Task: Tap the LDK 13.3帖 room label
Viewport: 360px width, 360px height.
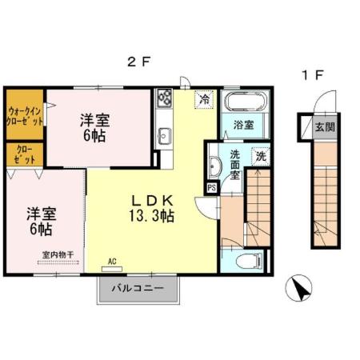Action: [x=150, y=207]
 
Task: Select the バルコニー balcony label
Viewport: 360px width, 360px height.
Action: [x=138, y=288]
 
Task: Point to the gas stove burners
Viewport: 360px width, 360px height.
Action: [x=166, y=98]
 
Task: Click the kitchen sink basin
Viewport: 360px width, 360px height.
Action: [x=166, y=136]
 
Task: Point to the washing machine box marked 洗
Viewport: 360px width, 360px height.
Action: [x=261, y=157]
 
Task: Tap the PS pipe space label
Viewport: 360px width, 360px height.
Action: [x=212, y=189]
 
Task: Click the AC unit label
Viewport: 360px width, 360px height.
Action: [x=113, y=262]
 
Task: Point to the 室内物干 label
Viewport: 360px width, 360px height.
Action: [x=57, y=255]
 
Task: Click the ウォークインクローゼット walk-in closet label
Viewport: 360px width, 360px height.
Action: [x=25, y=115]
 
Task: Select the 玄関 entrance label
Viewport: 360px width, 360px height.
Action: [x=323, y=126]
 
